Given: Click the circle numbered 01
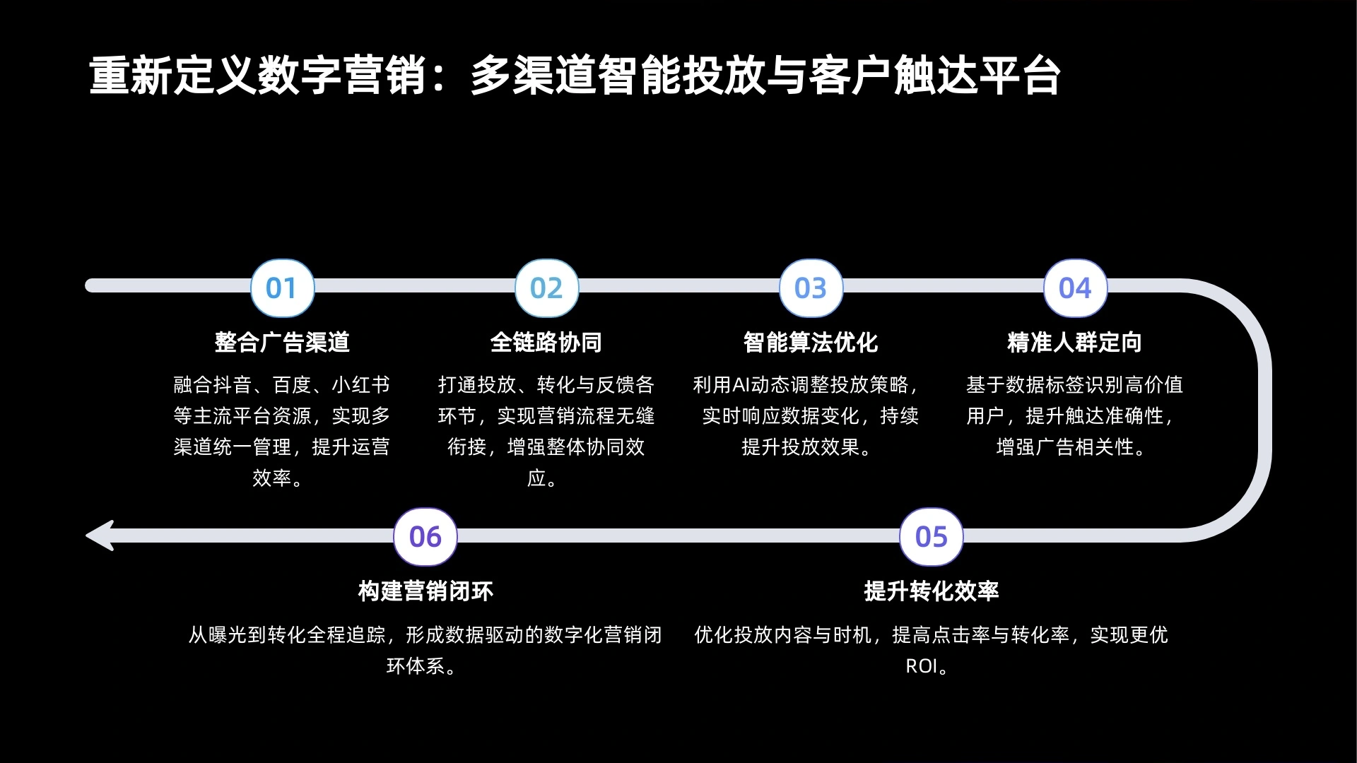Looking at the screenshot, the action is [x=283, y=288].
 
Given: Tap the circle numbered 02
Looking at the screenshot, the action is [x=547, y=288].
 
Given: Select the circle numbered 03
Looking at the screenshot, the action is [x=811, y=288].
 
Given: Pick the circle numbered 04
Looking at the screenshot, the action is [x=1076, y=288].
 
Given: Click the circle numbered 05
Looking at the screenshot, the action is [x=932, y=537].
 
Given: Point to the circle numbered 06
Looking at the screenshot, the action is [x=425, y=537].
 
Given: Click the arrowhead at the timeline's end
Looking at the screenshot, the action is [x=100, y=536].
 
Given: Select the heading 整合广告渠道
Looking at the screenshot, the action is [x=283, y=343].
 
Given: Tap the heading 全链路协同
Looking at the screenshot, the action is [x=546, y=343].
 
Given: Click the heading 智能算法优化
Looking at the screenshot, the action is [x=811, y=343].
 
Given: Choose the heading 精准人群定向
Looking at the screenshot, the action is [x=1075, y=343].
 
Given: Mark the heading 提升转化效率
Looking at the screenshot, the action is [x=932, y=591].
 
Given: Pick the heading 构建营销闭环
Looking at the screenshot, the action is [x=425, y=591].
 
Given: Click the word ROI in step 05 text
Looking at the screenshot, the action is [x=922, y=666].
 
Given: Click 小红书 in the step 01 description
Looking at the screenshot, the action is [x=361, y=385].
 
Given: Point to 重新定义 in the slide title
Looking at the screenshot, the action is [x=172, y=76].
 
